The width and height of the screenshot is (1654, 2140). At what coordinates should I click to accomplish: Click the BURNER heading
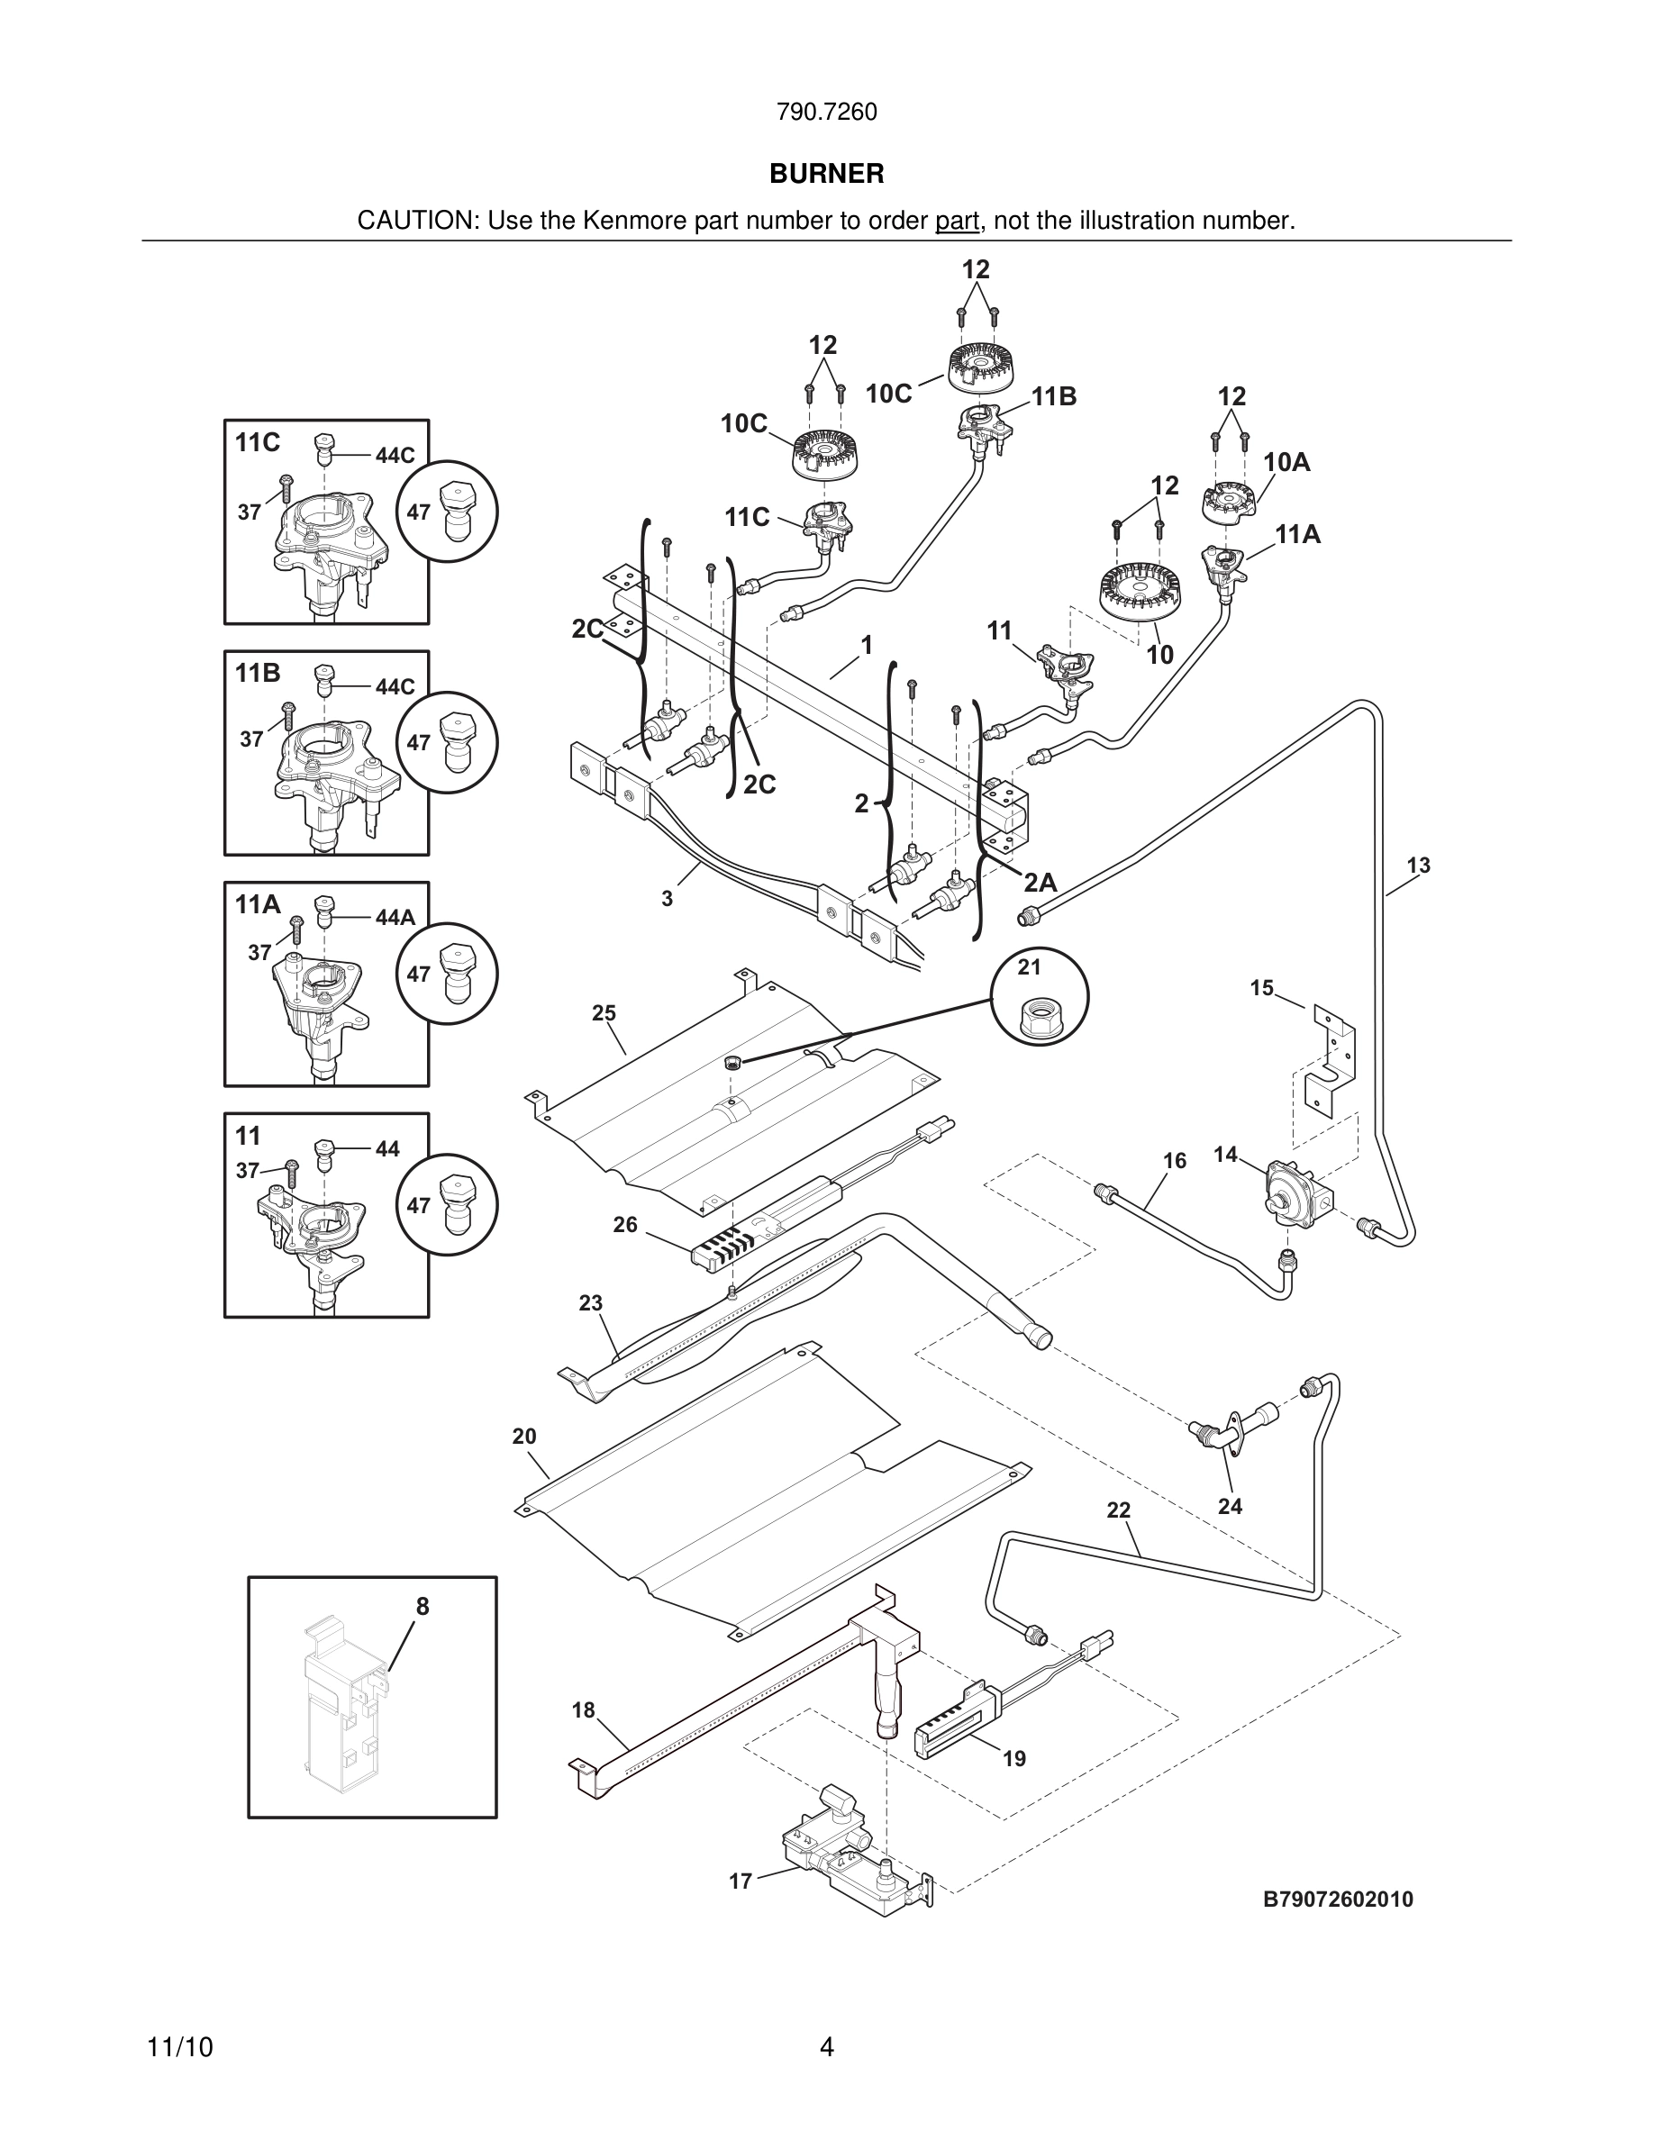pos(826,174)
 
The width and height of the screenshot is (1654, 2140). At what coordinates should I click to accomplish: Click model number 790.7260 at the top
pos(826,113)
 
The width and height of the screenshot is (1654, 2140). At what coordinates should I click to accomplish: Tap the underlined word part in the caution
pos(957,222)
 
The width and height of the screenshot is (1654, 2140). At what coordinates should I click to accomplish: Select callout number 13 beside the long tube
pos(1418,866)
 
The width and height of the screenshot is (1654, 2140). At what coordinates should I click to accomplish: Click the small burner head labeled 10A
pos(1229,502)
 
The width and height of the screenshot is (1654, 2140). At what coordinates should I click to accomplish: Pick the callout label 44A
pos(395,917)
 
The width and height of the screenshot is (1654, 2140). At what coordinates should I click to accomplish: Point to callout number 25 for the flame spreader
pos(604,1012)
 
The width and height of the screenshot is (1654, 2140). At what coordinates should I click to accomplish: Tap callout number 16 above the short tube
pos(1174,1160)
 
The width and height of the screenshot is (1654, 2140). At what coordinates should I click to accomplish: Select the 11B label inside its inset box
pos(258,673)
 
